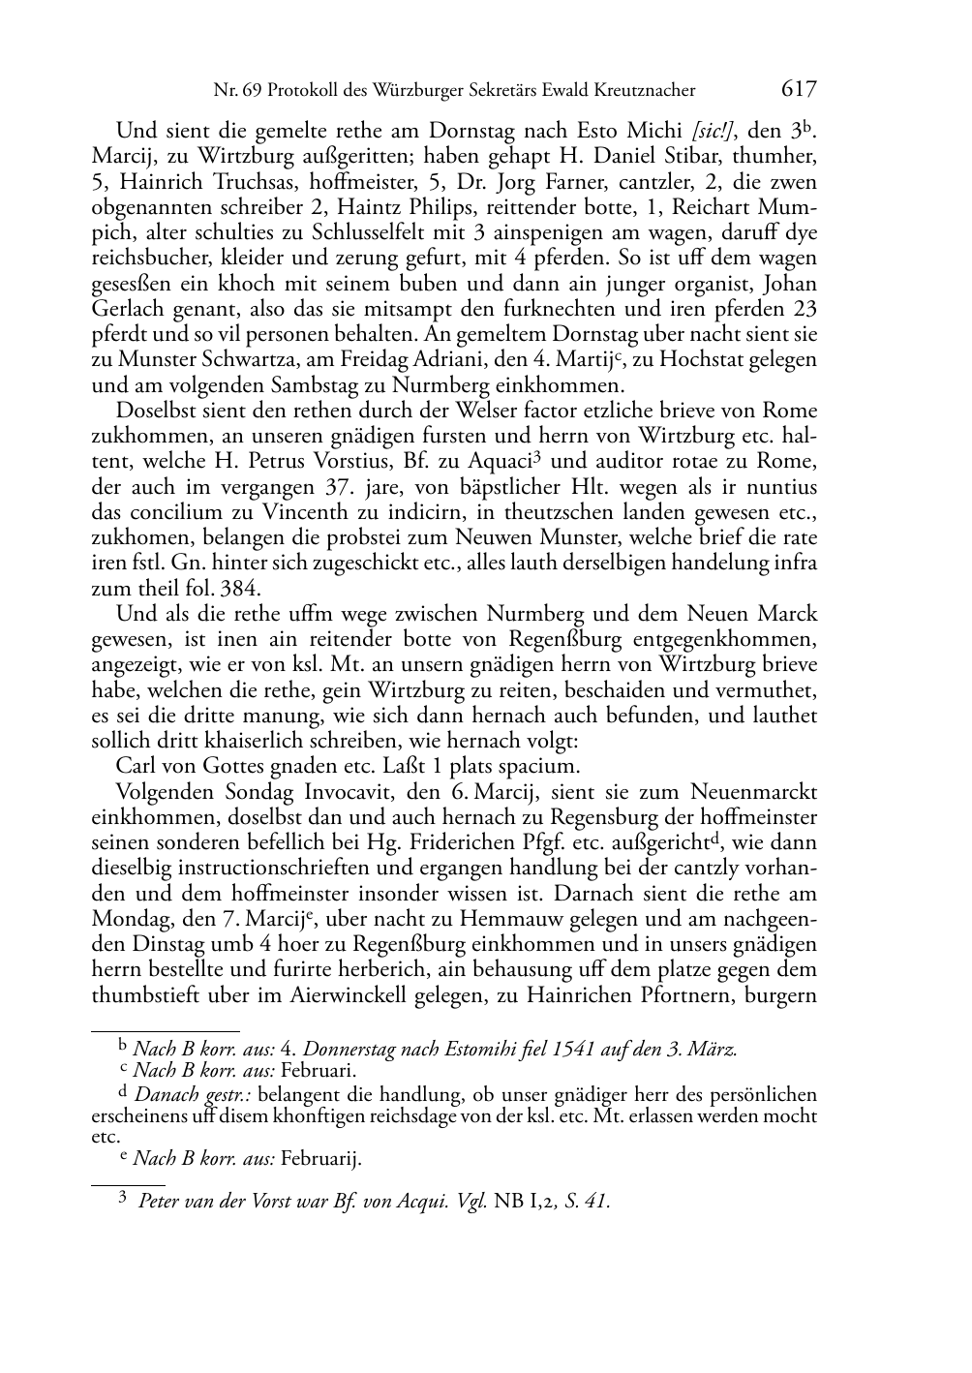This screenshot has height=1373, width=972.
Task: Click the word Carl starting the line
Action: tap(134, 766)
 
